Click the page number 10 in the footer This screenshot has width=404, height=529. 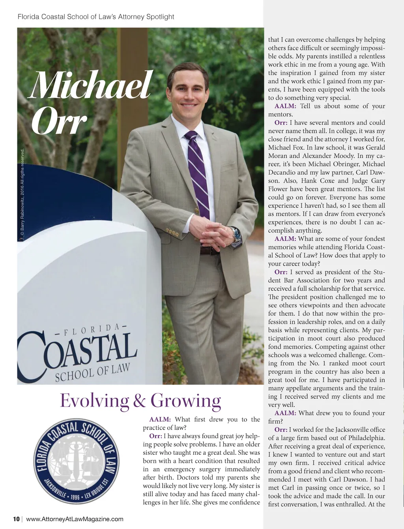coord(17,519)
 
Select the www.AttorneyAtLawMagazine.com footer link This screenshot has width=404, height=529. coord(75,519)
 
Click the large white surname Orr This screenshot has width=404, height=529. coord(59,120)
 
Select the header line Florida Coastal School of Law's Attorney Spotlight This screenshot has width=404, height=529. coord(96,17)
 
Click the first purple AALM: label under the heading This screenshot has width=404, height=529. coord(160,420)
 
